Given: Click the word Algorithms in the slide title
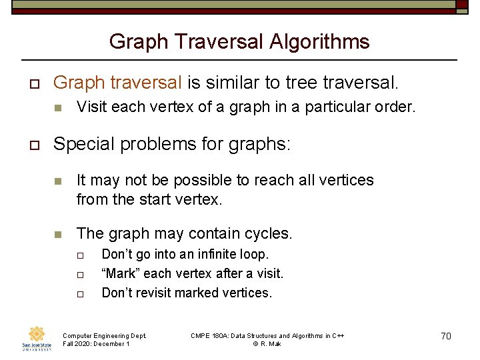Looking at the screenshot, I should click(x=319, y=42).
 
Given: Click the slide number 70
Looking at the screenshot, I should click(x=446, y=335).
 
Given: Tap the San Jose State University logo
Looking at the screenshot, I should click(x=36, y=338).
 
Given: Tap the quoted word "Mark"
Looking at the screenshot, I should click(x=120, y=273).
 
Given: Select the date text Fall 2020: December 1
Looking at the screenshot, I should click(x=96, y=343).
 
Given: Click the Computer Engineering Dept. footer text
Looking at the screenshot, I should click(x=104, y=335).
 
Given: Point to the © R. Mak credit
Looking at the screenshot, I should click(x=267, y=343).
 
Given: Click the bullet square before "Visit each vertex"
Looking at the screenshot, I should click(x=58, y=107).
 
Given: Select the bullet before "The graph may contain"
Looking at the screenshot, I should click(x=58, y=234).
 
